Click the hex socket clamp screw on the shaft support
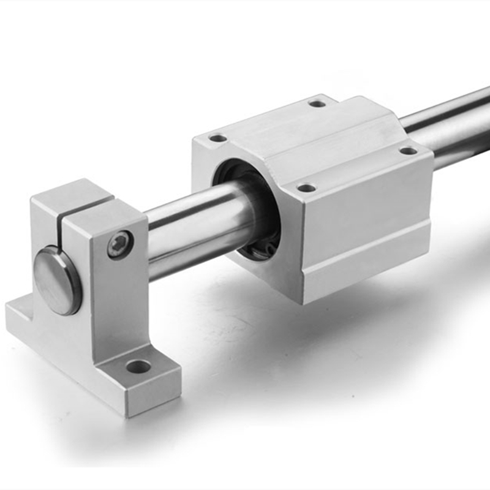point(120,244)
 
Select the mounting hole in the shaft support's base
point(138,367)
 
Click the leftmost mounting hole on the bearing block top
point(218,138)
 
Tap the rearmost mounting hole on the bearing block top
point(317,103)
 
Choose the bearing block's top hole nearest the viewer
point(306,187)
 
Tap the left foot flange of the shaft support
point(24,315)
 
